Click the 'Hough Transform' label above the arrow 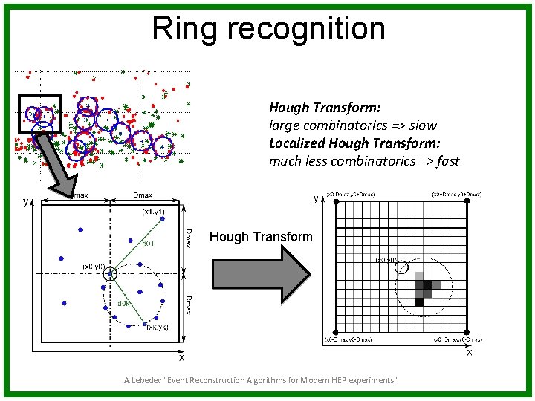coord(261,237)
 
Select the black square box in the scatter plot coord(39,114)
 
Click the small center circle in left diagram coord(111,273)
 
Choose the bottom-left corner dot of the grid coord(336,332)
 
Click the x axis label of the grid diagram coord(469,352)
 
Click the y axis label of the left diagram coord(25,201)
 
